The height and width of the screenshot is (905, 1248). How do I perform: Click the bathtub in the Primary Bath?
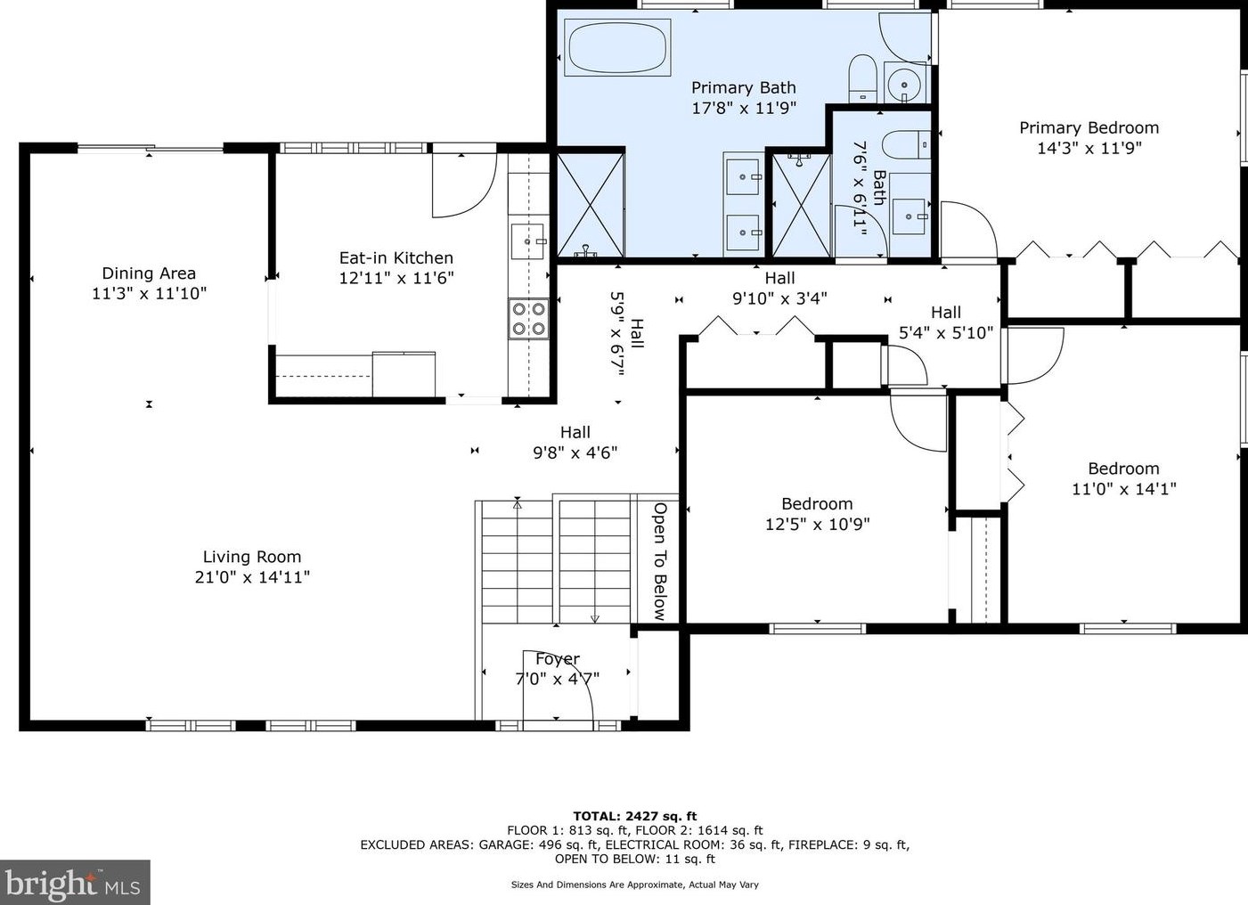(x=617, y=47)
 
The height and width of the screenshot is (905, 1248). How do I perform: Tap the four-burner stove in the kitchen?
(x=528, y=319)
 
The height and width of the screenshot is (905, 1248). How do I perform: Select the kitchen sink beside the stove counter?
(x=528, y=242)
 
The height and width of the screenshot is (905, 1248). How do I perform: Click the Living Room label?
(x=252, y=557)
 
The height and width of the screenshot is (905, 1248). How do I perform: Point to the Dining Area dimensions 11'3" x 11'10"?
(x=149, y=293)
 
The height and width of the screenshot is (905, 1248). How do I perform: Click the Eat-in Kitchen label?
(x=396, y=258)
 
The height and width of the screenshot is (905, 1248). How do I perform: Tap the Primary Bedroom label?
(x=1089, y=128)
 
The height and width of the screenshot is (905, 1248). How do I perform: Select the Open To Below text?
(x=660, y=562)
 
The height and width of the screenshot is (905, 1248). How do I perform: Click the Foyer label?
(x=557, y=658)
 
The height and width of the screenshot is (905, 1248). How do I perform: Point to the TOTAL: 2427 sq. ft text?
(x=634, y=817)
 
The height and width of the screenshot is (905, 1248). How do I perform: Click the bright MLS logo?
(x=75, y=882)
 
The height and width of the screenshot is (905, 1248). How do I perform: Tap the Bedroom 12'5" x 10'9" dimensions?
(x=818, y=524)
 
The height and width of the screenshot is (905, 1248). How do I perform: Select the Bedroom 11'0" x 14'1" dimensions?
(x=1124, y=489)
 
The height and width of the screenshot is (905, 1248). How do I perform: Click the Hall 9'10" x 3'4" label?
(x=779, y=288)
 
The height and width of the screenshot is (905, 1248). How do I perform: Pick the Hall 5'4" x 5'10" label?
(x=946, y=322)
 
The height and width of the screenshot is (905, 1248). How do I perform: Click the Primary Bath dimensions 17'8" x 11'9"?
(x=744, y=108)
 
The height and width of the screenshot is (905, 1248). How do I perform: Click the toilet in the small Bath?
(x=907, y=145)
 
